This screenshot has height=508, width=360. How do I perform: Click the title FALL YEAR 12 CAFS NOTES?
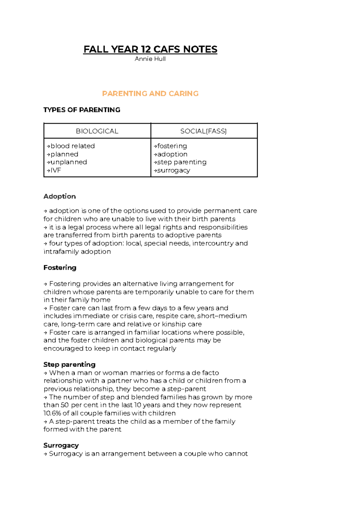click(150, 49)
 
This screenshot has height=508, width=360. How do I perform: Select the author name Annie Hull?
click(150, 59)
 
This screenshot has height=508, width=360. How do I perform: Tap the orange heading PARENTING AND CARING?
click(150, 94)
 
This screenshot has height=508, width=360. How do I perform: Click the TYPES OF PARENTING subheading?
click(82, 110)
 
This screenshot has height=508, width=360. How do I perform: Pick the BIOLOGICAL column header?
click(97, 131)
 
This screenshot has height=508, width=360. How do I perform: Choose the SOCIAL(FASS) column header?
click(203, 131)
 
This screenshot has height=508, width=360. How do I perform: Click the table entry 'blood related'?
click(72, 146)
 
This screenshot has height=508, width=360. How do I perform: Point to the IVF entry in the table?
click(55, 170)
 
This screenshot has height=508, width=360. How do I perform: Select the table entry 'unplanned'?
click(68, 162)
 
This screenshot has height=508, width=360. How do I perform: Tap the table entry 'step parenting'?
click(181, 162)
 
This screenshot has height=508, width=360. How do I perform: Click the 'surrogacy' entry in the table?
click(173, 170)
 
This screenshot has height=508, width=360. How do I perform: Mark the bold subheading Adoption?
click(59, 196)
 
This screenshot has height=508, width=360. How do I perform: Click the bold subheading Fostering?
click(60, 267)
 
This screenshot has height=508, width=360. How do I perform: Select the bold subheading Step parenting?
click(69, 364)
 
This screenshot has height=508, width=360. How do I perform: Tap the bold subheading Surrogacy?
click(61, 445)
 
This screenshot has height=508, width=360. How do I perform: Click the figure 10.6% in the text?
click(52, 413)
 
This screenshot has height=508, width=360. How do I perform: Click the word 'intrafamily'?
click(61, 252)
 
